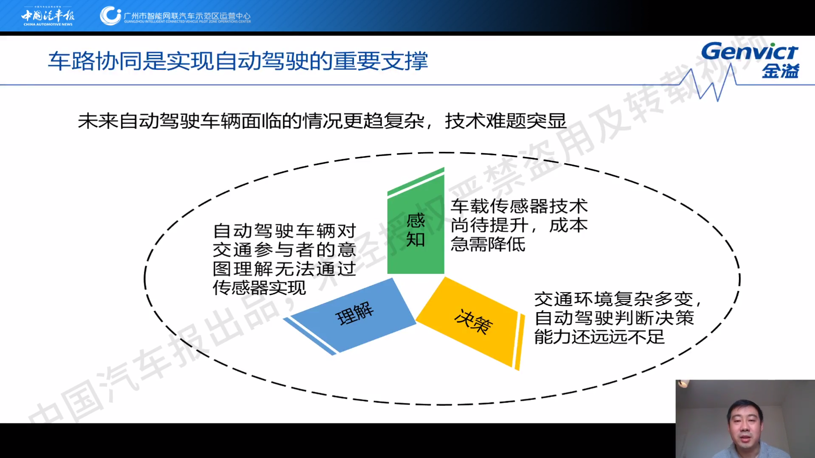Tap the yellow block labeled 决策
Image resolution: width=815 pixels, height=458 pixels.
click(x=471, y=322)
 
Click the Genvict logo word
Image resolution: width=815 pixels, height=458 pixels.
click(x=750, y=51)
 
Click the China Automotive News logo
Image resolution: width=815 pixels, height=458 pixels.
click(x=48, y=17)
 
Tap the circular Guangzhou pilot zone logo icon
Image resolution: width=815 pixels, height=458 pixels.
click(x=110, y=16)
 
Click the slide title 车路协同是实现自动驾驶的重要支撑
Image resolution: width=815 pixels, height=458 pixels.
click(x=238, y=61)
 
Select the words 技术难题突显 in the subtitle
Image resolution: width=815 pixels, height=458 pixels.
click(x=506, y=121)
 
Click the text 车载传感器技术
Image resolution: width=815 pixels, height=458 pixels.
click(x=519, y=207)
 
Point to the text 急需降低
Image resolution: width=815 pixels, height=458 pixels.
click(x=488, y=244)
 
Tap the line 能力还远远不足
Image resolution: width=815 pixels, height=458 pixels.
click(x=599, y=337)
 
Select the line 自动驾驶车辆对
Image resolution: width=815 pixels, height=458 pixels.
click(x=284, y=231)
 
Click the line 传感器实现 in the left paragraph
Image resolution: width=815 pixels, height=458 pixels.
click(x=259, y=288)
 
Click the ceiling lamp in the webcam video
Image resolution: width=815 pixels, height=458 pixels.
click(x=683, y=384)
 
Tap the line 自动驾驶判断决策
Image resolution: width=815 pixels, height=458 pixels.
click(x=614, y=318)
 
